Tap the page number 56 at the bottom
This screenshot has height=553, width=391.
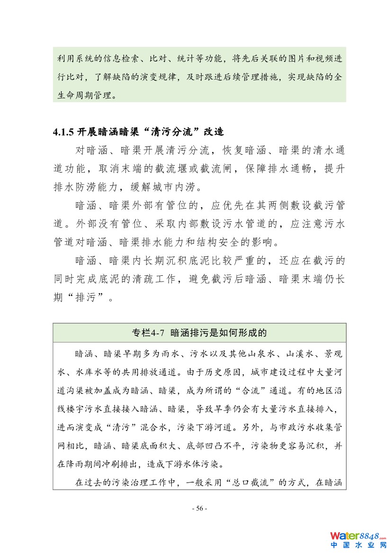pos(199,508)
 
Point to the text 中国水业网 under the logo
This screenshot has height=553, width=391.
pos(358,545)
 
